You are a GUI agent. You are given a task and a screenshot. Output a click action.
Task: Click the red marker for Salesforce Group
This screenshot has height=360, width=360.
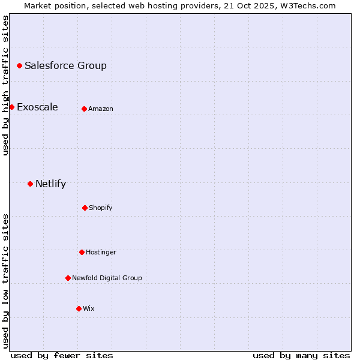(x=19, y=65)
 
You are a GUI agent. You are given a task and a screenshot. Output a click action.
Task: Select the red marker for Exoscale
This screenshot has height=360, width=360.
(x=11, y=107)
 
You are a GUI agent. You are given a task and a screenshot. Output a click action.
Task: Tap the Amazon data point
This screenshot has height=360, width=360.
(x=84, y=109)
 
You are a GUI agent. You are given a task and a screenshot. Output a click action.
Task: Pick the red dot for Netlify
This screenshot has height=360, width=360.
(x=30, y=184)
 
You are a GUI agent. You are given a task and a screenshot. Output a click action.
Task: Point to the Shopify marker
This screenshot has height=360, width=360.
(x=85, y=208)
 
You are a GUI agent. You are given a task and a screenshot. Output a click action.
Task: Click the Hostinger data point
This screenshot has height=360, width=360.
(x=82, y=252)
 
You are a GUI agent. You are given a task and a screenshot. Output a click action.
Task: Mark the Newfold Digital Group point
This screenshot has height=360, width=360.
(x=68, y=278)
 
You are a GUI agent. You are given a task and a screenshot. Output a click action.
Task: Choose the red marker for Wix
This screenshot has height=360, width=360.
(x=79, y=308)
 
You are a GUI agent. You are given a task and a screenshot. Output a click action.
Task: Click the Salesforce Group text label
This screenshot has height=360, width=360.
(x=65, y=65)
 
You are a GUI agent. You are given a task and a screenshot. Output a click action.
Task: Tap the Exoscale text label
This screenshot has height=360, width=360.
(x=37, y=107)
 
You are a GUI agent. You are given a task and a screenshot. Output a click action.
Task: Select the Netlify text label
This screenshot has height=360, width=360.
(x=50, y=184)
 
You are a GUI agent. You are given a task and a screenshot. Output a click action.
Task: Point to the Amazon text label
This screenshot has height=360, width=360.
(x=101, y=109)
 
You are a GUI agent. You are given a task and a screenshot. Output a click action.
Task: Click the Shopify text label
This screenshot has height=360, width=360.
(x=101, y=208)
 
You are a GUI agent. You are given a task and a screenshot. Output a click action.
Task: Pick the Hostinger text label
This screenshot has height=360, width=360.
(x=101, y=252)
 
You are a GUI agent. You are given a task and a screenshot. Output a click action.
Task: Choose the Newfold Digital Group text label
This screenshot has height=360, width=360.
(x=107, y=278)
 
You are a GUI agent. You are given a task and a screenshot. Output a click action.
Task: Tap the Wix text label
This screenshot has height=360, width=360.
(x=89, y=308)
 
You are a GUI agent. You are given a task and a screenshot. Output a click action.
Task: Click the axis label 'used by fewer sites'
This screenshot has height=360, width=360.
(x=62, y=355)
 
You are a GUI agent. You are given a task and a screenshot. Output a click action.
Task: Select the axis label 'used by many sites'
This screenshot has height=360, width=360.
(x=301, y=355)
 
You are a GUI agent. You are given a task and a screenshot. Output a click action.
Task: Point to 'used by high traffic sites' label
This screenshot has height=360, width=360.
(x=5, y=85)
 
